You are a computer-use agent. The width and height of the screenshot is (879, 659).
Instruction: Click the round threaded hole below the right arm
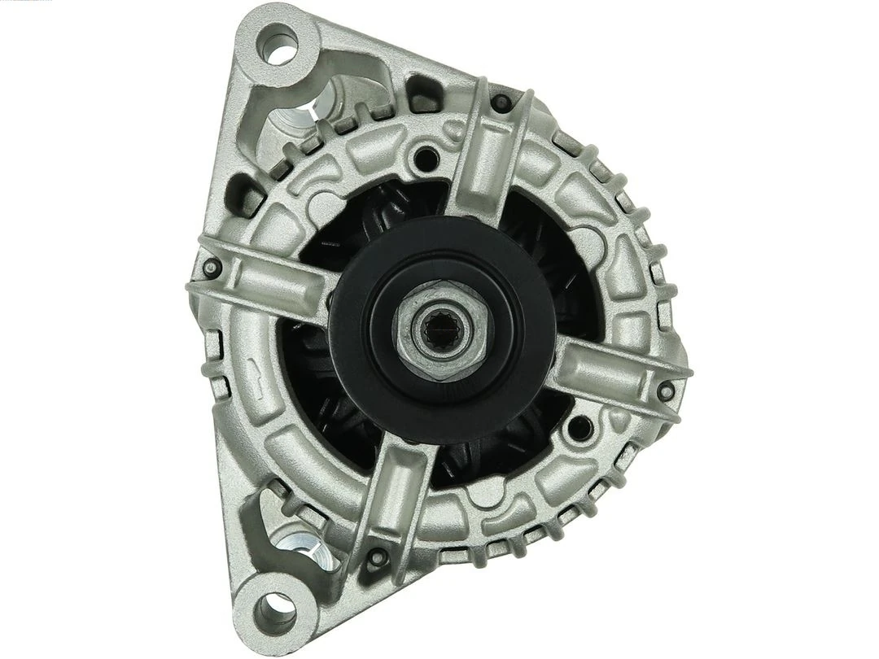(x=579, y=426)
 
